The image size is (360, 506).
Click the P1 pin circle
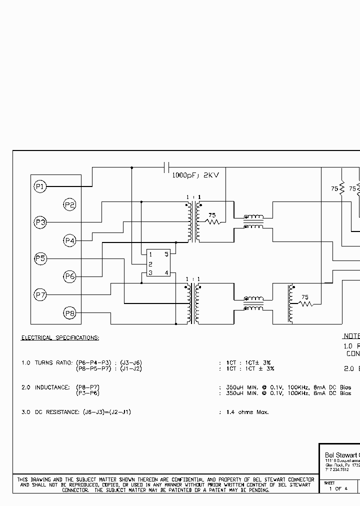[40, 187]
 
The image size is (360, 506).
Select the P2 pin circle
[69, 204]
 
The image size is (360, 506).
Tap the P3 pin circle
[40, 222]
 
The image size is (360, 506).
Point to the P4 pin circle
[69, 241]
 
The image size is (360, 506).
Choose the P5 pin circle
[40, 258]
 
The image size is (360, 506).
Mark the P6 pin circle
[69, 276]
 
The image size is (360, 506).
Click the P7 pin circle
[40, 295]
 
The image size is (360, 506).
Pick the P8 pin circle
[69, 313]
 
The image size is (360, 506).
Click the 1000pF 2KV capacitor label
[195, 175]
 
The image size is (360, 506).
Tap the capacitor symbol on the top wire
[167, 167]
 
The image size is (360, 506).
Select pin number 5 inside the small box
[166, 254]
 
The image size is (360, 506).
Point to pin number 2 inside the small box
[150, 263]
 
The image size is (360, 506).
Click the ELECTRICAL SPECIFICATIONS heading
[60, 338]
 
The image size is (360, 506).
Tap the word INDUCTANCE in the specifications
[53, 387]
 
